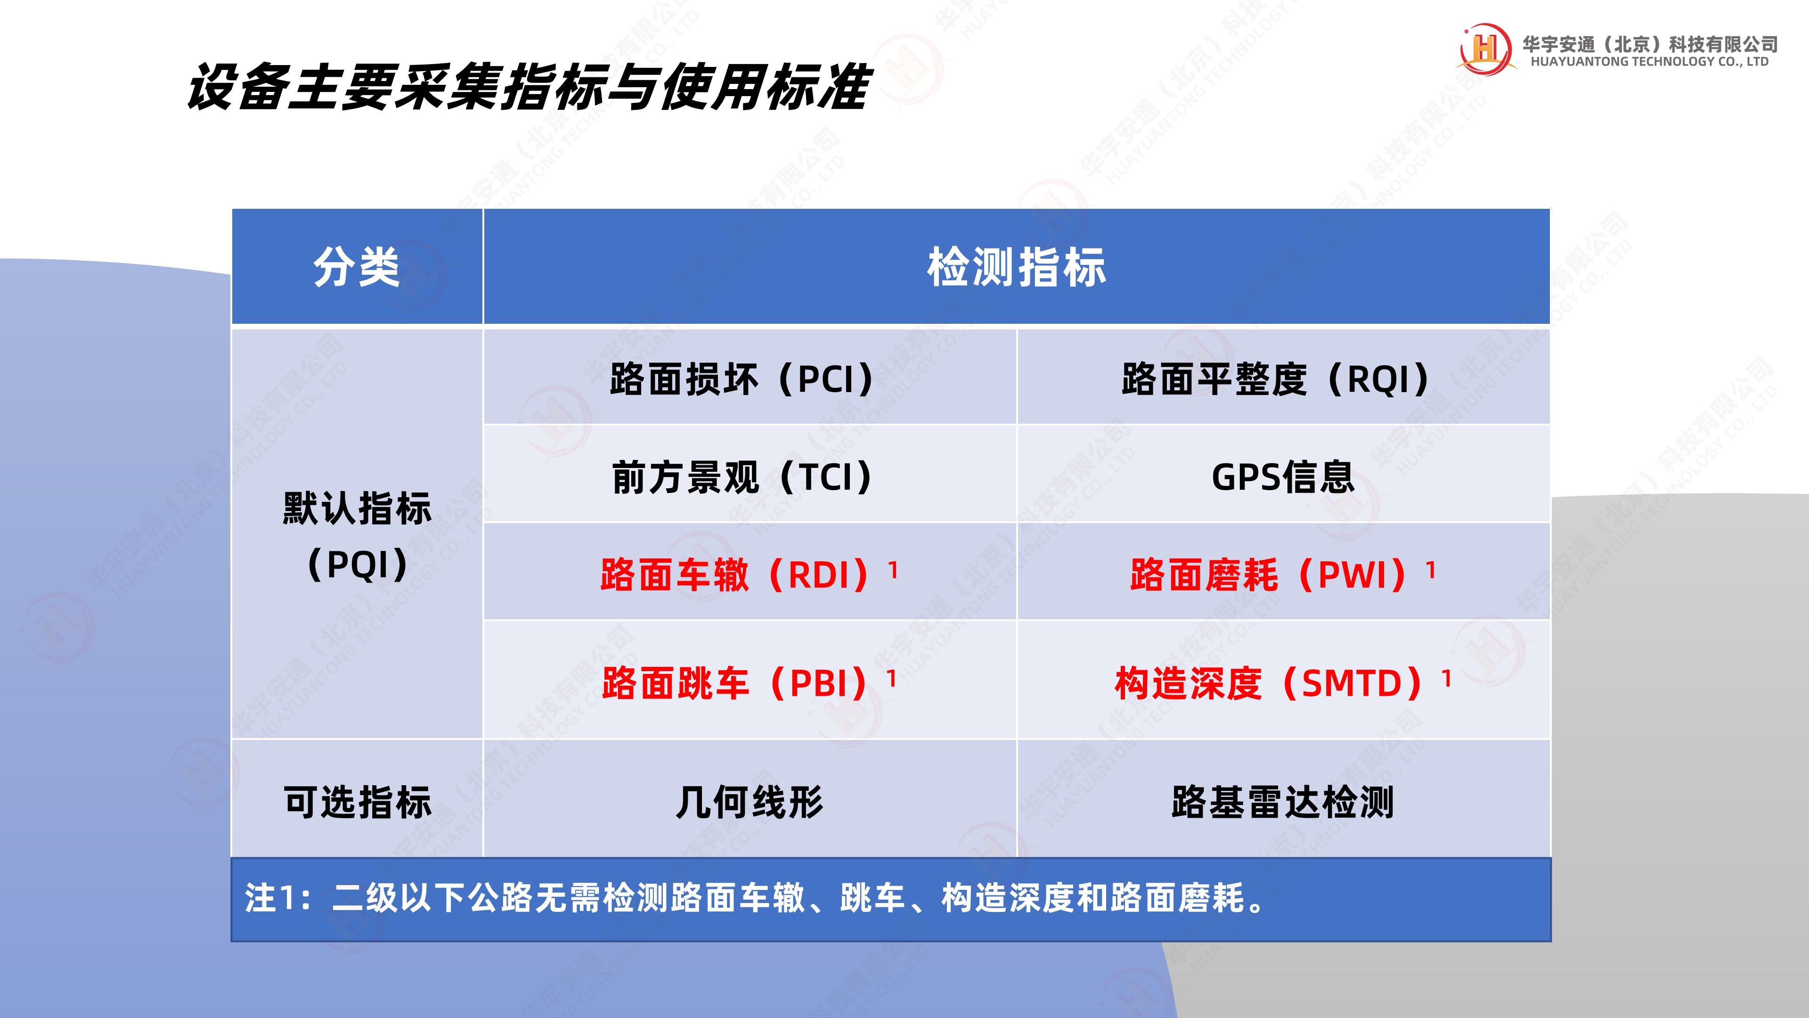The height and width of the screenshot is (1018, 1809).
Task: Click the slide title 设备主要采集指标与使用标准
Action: (x=528, y=87)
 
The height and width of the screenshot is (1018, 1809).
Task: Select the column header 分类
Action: (x=357, y=267)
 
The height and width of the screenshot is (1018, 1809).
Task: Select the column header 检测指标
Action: (x=1016, y=267)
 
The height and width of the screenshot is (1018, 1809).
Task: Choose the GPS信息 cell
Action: (x=1283, y=477)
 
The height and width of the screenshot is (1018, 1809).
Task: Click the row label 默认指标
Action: (x=357, y=508)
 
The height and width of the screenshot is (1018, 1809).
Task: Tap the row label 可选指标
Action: (x=357, y=802)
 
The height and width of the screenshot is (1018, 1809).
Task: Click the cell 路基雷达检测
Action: (x=1283, y=802)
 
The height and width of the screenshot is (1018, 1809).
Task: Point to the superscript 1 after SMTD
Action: (x=1447, y=678)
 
